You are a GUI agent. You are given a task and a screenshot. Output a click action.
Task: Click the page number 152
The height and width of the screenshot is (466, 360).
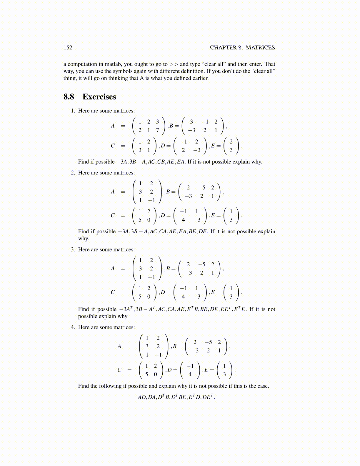pos(68,48)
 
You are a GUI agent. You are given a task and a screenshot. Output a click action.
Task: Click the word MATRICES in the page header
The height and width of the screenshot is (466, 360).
pos(260,48)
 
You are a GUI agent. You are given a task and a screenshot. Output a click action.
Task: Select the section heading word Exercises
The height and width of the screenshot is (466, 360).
pos(99,97)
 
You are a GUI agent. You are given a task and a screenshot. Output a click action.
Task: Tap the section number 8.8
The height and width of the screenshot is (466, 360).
pos(69,97)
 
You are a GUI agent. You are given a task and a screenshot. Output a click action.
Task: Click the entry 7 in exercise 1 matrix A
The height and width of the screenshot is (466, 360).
pos(157,130)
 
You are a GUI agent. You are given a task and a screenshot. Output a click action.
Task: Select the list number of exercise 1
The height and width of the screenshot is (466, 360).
pos(73,111)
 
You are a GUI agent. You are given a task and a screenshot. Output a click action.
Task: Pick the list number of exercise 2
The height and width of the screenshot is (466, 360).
pos(73,173)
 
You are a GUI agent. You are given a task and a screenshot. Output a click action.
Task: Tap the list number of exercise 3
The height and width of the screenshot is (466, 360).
pos(73,249)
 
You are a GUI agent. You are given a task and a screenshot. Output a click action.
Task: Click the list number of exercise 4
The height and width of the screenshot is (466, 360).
pos(73,327)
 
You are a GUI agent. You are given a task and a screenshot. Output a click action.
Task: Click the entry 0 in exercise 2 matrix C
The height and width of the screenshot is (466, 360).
pos(149,220)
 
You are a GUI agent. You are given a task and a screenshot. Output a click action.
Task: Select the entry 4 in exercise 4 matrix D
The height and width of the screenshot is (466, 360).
pos(190,374)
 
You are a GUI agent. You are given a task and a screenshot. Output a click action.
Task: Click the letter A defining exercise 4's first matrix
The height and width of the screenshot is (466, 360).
pos(119,346)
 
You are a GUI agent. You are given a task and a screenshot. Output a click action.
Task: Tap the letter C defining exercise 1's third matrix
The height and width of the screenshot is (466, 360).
pos(113,146)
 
